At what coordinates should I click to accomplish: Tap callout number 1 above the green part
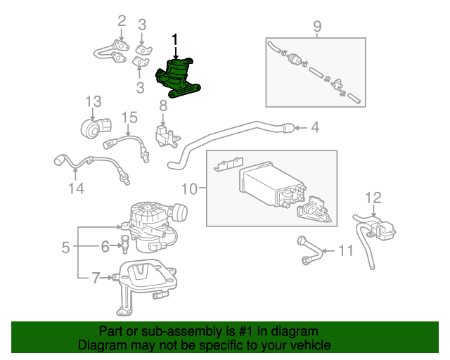click(175, 40)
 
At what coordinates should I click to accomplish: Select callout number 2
click(121, 21)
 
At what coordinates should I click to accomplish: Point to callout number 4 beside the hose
click(316, 127)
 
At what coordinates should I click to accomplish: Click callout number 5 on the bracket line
click(65, 247)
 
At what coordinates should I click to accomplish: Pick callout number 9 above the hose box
click(316, 27)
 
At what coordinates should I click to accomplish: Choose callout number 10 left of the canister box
click(190, 188)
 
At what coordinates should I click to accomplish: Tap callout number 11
click(345, 250)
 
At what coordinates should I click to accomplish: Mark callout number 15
click(129, 117)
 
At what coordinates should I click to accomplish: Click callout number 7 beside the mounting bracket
click(96, 278)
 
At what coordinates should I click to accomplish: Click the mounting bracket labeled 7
click(146, 285)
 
